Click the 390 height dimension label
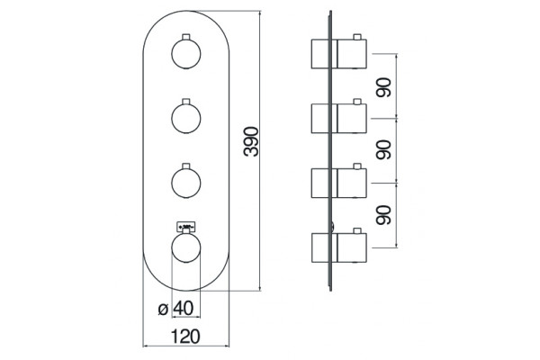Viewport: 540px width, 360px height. (251, 141)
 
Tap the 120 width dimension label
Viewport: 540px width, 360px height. (185, 337)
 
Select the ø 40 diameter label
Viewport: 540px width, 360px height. (176, 309)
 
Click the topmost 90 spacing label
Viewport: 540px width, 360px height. (383, 87)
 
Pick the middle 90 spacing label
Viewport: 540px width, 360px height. (383, 149)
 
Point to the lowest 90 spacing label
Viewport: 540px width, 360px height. (383, 215)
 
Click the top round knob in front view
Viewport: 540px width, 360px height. (186, 54)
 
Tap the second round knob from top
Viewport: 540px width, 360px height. (186, 118)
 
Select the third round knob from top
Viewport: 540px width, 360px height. (186, 183)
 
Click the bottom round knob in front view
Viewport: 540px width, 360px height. (186, 247)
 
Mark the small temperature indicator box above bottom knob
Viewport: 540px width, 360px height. (186, 226)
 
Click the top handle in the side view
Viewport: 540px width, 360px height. (339, 54)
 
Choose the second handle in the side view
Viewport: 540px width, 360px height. (339, 118)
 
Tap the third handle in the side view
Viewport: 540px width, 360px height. (339, 183)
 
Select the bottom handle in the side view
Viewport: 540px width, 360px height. (339, 247)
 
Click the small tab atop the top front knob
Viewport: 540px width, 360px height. (186, 37)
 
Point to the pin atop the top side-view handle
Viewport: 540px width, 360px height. (357, 37)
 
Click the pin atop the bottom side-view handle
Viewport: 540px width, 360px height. (357, 230)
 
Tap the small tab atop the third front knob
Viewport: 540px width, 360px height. (186, 166)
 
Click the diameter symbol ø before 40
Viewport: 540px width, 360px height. (163, 309)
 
